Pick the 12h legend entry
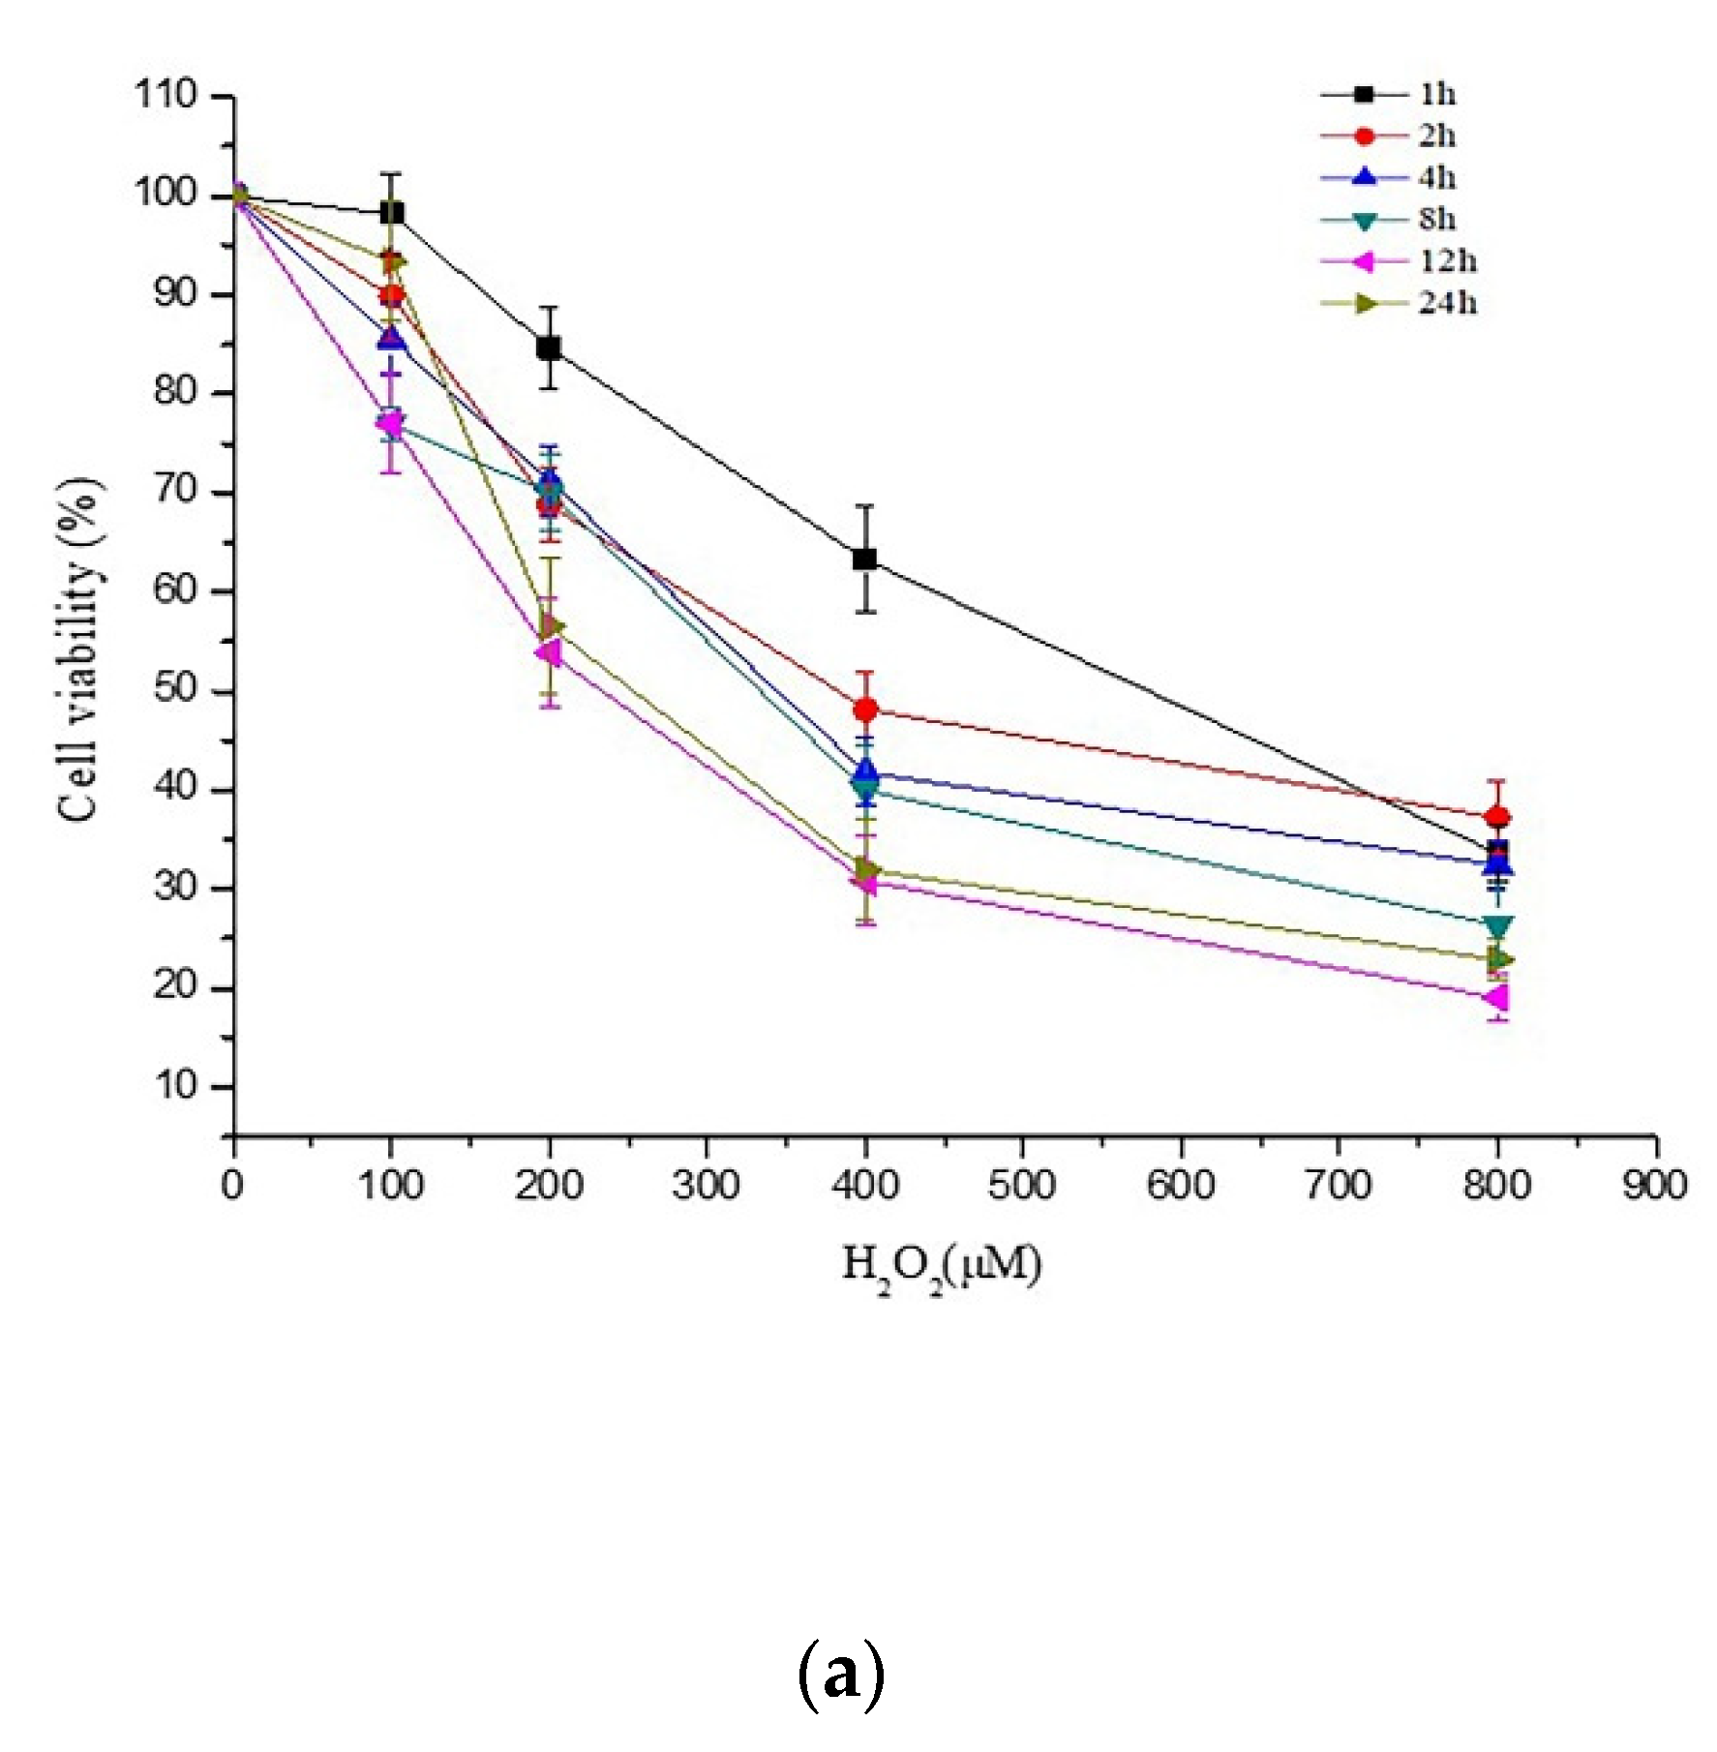click(1400, 261)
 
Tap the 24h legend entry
click(1400, 303)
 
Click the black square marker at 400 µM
click(865, 559)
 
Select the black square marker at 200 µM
click(549, 347)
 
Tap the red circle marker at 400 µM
click(866, 710)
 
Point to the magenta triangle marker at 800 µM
click(1496, 997)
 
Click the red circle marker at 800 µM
click(1497, 817)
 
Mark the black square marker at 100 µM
click(392, 212)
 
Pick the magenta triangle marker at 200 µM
click(548, 652)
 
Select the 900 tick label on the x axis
click(1655, 1186)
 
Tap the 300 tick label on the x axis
click(706, 1186)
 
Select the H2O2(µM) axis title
click(942, 1267)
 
